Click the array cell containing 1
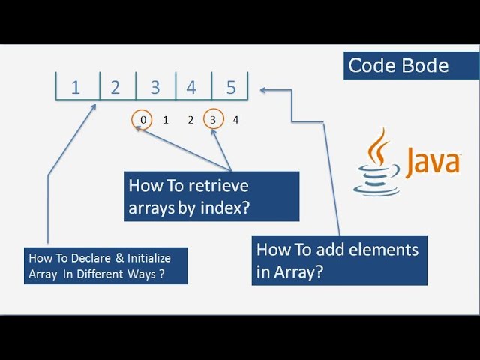(x=75, y=87)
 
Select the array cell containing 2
(x=115, y=87)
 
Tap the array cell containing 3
(x=155, y=87)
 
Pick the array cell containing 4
(x=191, y=87)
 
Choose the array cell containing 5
(x=231, y=87)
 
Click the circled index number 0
(x=142, y=119)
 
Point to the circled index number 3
(x=213, y=119)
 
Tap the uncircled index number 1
(x=166, y=119)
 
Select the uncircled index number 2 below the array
(x=190, y=119)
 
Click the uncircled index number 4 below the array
(x=235, y=119)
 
